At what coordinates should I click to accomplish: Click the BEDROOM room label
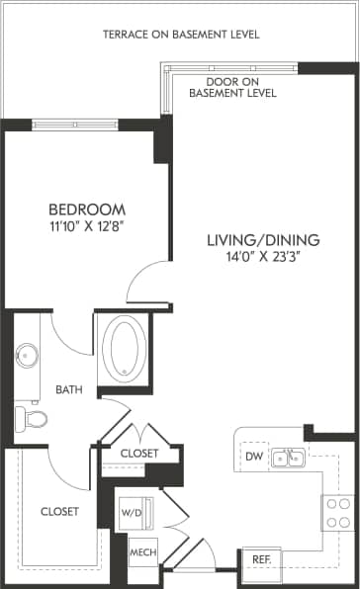tap(88, 210)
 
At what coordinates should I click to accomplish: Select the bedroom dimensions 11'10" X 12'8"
tap(88, 226)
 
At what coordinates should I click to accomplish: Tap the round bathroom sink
tap(26, 354)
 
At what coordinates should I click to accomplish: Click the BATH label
tap(68, 389)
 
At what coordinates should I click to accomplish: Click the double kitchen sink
tap(288, 458)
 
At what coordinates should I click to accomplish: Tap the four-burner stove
tap(337, 510)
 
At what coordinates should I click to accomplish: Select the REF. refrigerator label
tap(262, 559)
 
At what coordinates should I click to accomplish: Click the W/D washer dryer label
tap(131, 513)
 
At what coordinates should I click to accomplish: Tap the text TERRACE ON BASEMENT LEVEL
tap(181, 35)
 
